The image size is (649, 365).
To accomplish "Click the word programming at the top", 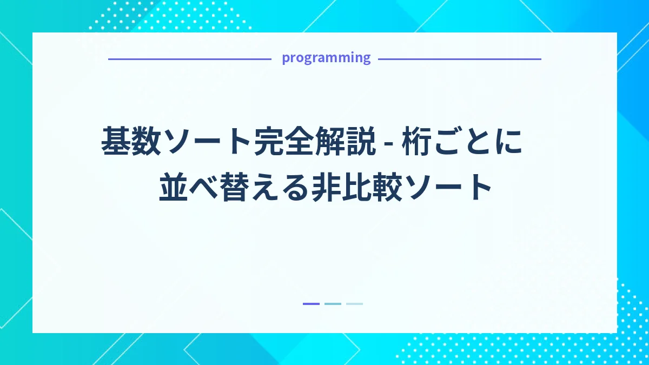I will (x=326, y=58).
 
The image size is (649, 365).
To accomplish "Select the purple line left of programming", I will (x=189, y=59).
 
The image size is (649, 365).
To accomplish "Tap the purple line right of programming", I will (x=459, y=59).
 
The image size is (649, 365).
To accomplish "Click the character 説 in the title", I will (x=361, y=142).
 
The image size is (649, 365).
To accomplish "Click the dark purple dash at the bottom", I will (x=311, y=304).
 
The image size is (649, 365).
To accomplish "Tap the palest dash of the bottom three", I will (x=354, y=304).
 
